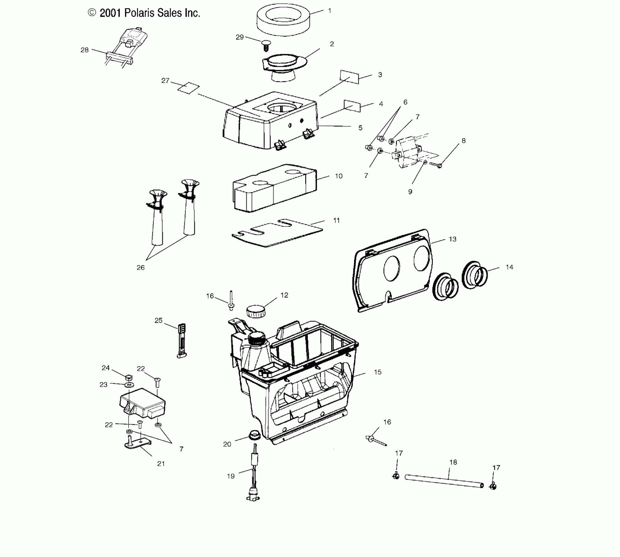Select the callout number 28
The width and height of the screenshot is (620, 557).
[85, 50]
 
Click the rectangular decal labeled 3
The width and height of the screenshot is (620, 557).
[349, 77]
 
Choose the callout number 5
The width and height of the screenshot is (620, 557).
[360, 128]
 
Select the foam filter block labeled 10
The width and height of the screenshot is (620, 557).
[274, 187]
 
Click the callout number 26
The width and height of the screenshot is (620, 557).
[140, 268]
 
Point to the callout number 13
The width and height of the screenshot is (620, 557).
[452, 239]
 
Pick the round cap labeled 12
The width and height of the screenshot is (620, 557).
[256, 311]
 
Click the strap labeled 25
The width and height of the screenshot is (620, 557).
[182, 341]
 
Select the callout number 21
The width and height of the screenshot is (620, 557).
[161, 464]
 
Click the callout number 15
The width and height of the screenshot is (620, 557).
[378, 372]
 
